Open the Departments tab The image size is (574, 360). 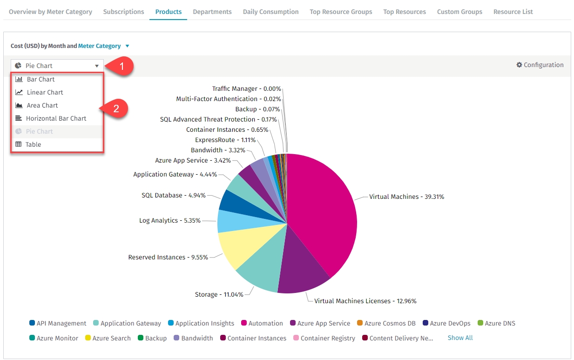[x=212, y=12]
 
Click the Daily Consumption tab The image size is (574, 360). [x=270, y=12]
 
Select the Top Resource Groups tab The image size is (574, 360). [x=341, y=12]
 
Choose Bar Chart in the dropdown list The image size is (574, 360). [x=41, y=79]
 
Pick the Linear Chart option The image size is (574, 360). [x=45, y=92]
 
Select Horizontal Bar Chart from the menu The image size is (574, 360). [x=56, y=118]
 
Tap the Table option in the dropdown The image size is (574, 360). [x=33, y=144]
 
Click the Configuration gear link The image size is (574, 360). [x=540, y=65]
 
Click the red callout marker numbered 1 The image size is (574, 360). [x=122, y=67]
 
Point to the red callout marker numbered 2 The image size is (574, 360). [x=116, y=109]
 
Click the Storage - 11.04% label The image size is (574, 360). [x=219, y=294]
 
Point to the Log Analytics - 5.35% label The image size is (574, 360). [x=169, y=220]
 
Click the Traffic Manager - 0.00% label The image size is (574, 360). [x=246, y=88]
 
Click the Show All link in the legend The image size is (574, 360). [x=460, y=338]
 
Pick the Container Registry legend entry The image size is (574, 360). [x=327, y=338]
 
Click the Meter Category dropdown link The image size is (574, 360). [x=100, y=46]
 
